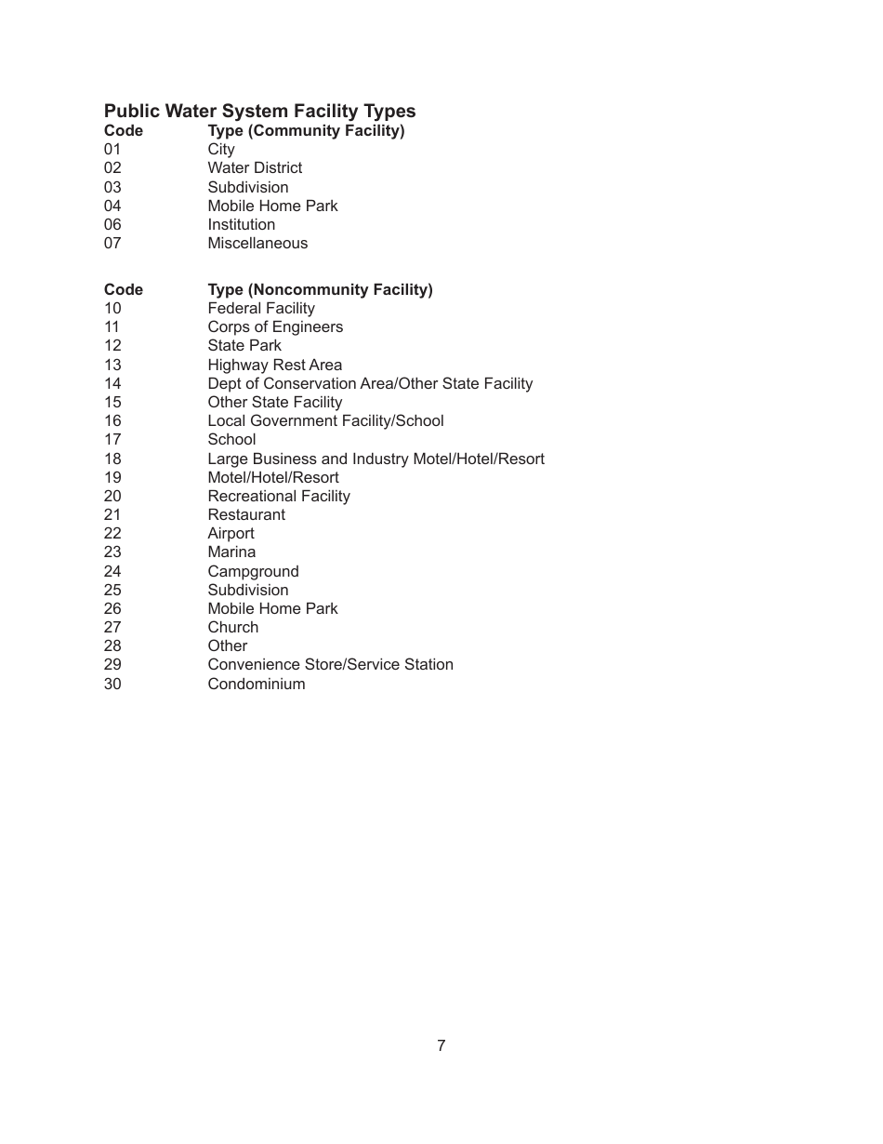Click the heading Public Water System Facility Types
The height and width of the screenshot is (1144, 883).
point(259,112)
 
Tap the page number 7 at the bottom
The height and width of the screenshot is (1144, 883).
point(441,1045)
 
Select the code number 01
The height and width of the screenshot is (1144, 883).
point(112,150)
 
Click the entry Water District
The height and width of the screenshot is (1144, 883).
point(255,168)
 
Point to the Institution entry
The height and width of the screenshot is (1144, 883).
point(241,224)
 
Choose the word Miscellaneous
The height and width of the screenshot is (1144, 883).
point(257,244)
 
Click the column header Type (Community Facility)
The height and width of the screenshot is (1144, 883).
point(306,131)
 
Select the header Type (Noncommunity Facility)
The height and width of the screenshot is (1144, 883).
point(320,290)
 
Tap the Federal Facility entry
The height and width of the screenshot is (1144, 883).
point(261,309)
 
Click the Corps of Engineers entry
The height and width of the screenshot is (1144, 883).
point(275,327)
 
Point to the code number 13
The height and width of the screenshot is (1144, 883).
point(112,366)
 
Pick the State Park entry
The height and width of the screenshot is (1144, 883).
point(244,346)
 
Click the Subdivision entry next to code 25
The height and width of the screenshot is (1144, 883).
point(248,591)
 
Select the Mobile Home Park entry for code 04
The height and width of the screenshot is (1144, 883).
point(272,206)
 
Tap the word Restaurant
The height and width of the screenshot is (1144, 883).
point(246,515)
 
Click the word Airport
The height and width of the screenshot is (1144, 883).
point(231,534)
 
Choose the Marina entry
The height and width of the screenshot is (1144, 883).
point(231,552)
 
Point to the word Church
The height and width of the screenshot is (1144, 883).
point(232,628)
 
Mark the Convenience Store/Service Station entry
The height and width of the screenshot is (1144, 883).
point(330,665)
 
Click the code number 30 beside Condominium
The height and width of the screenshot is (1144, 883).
point(112,685)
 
